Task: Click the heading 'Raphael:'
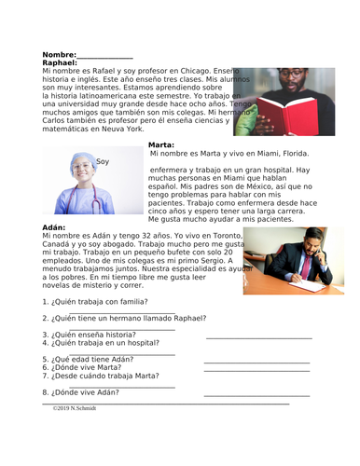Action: (61, 63)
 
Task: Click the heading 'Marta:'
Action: (161, 144)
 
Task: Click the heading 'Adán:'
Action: (56, 227)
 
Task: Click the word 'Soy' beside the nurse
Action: (103, 162)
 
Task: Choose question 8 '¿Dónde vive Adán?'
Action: (87, 391)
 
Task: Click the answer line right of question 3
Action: (258, 336)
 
